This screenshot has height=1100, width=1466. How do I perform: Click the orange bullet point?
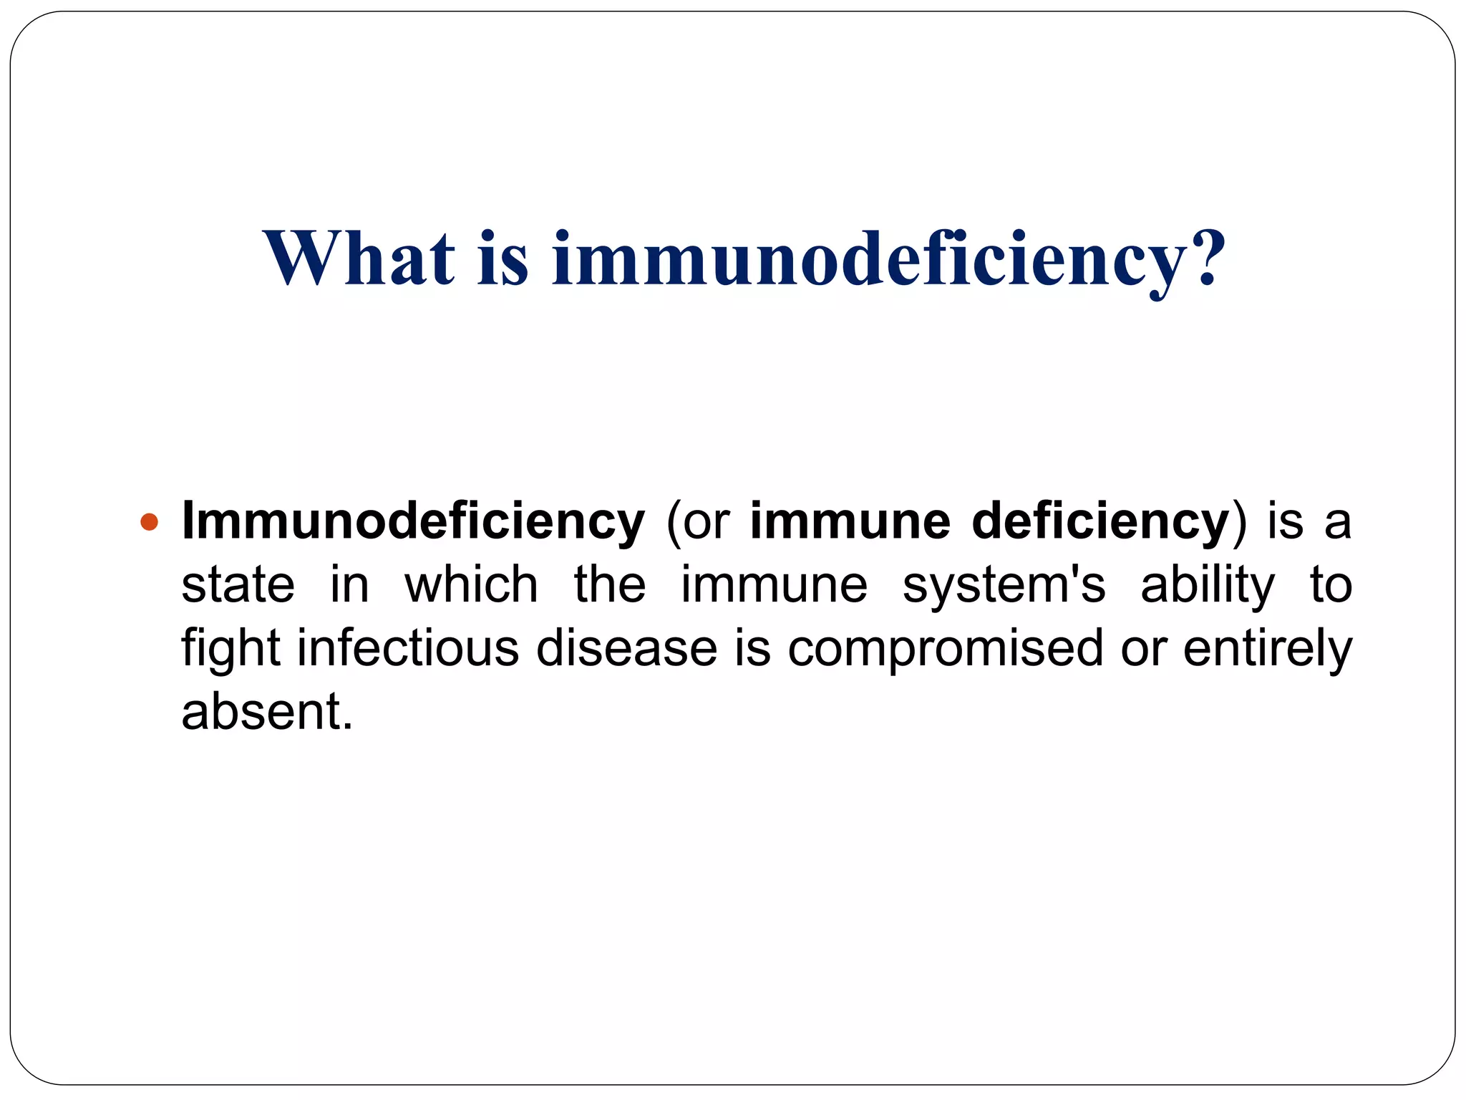pos(149,522)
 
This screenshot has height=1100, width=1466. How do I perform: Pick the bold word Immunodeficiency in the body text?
pos(413,522)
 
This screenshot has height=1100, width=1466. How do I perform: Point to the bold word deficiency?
pos(1100,522)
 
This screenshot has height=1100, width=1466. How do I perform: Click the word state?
pos(238,584)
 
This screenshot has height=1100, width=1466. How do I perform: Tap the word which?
pos(471,584)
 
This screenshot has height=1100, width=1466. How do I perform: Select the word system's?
pos(1004,584)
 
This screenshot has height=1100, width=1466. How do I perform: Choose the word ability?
pos(1208,586)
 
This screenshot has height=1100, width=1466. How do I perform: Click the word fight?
pos(230,648)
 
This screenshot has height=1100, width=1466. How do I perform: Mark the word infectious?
pos(408,648)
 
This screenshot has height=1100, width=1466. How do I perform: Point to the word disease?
pos(626,648)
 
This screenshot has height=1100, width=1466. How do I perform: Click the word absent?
pos(266,711)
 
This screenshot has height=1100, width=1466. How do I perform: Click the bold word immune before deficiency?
pos(850,522)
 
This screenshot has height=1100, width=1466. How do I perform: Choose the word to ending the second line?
pos(1331,584)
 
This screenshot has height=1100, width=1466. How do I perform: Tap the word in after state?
pos(349,584)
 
